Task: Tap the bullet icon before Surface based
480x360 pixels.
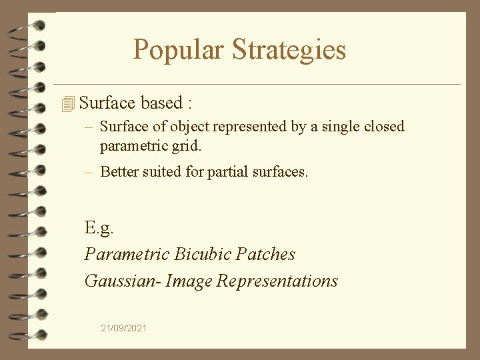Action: [x=67, y=104]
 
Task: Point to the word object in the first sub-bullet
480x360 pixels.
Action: [x=191, y=127]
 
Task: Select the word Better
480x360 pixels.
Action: [x=119, y=171]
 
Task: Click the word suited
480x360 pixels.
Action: [x=162, y=171]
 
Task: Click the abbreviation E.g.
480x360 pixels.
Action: [x=99, y=229]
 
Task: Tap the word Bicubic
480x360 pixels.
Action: [x=203, y=254]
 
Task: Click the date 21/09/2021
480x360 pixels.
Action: [x=124, y=328]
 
